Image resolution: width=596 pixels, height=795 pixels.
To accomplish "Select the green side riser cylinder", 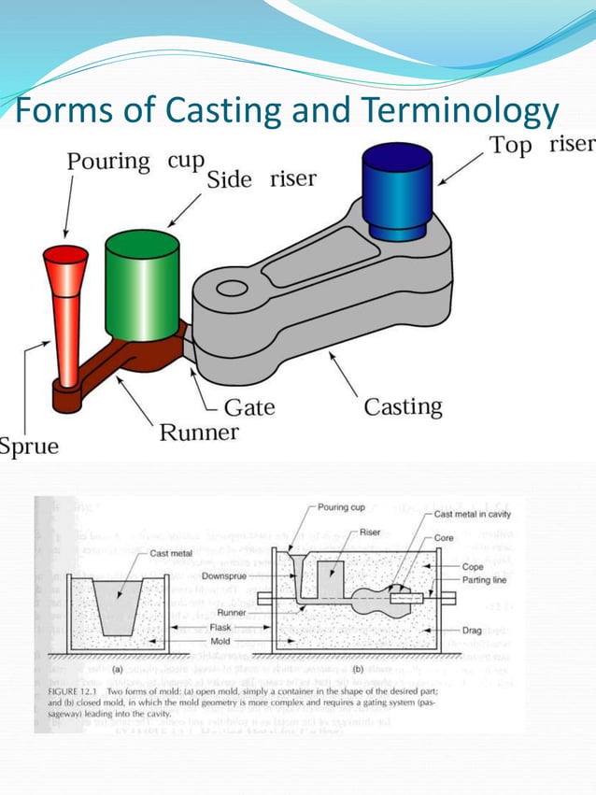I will point(141,284).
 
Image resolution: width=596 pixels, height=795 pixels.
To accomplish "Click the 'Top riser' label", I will point(542,145).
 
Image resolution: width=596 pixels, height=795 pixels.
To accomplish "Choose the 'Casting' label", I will point(403,407).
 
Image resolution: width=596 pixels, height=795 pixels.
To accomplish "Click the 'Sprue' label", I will point(29,446).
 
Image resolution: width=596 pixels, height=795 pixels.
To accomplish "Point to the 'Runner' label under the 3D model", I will point(199,433).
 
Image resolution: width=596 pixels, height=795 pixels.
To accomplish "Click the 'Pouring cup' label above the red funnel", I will point(135,161).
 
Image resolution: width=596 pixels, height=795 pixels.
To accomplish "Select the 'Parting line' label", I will point(484,580).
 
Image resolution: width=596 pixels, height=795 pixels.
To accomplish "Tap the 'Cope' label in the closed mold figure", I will point(472,566).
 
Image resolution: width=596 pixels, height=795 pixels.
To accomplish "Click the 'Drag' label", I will point(472,631).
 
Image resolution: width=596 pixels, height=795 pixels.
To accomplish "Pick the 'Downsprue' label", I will point(223,576).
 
